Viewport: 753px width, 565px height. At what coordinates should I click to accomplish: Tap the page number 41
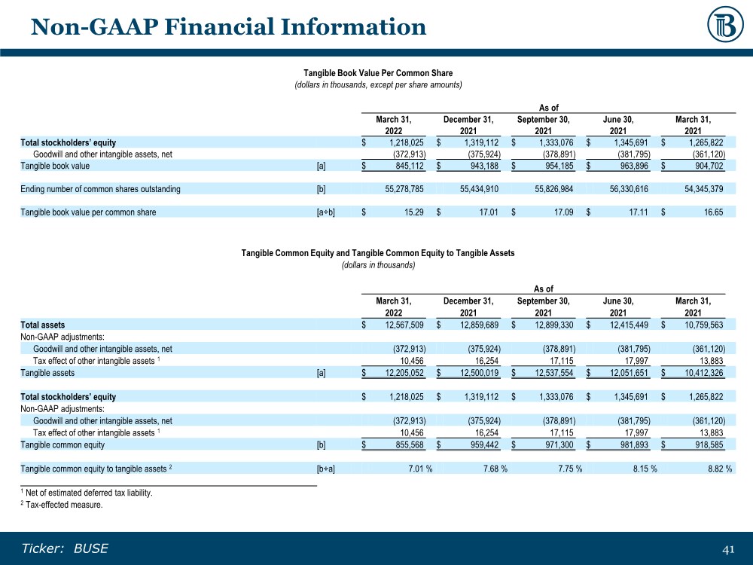728,549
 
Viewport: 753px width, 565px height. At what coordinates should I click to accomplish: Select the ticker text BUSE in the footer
91,548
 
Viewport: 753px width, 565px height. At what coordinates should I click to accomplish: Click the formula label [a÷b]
326,212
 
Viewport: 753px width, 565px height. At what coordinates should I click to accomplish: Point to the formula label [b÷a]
326,469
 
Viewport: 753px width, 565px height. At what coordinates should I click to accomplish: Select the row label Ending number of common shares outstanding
100,189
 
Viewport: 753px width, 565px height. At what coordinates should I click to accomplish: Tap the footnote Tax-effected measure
63,505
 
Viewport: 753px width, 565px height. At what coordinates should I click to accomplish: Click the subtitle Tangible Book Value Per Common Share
378,73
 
